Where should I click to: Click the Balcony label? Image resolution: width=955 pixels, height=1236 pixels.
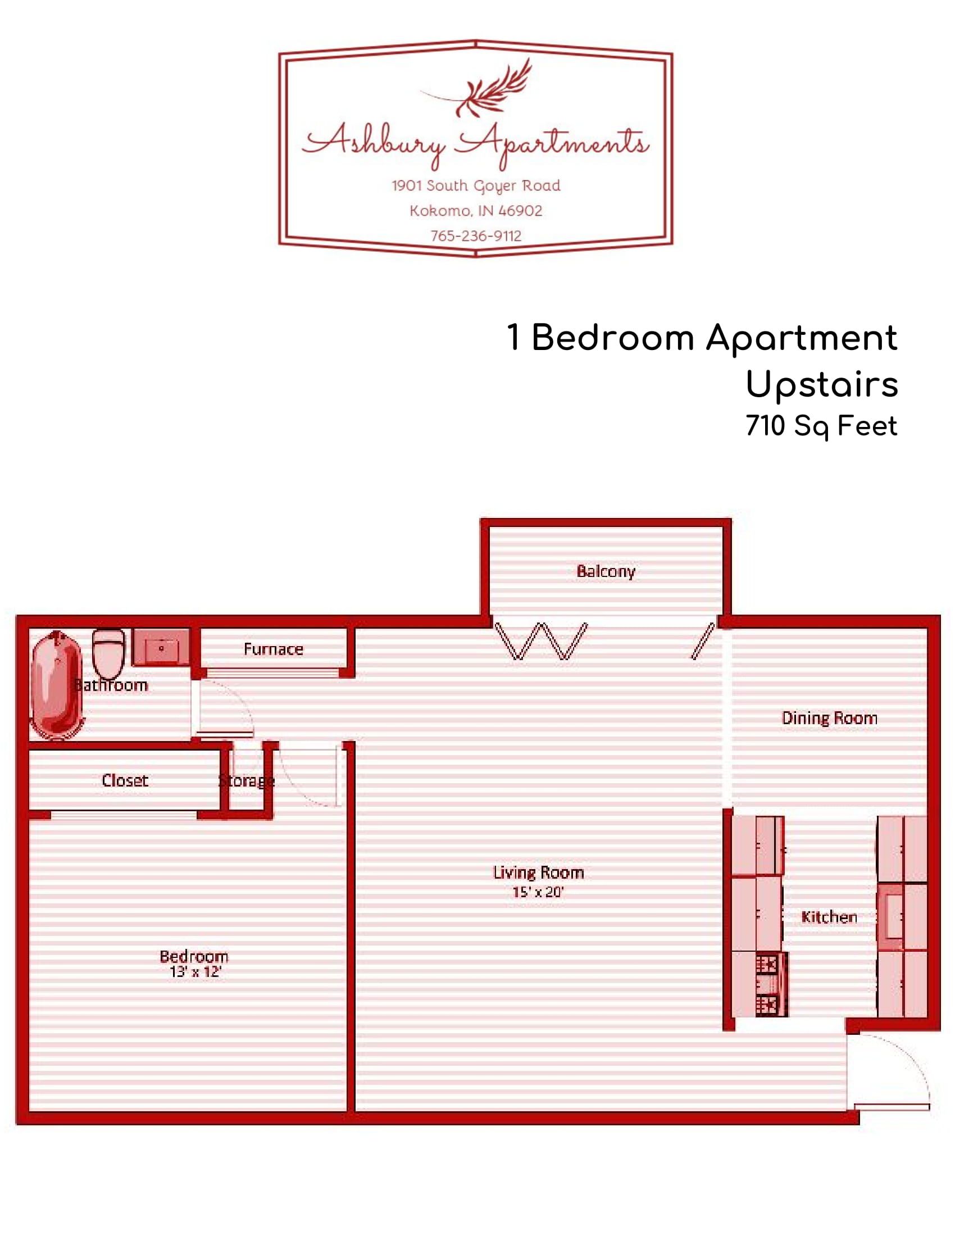[x=606, y=571]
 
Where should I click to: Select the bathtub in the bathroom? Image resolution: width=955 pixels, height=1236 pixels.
[x=57, y=686]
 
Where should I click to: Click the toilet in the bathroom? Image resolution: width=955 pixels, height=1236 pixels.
[x=108, y=653]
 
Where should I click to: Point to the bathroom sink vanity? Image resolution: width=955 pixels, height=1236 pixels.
[x=161, y=647]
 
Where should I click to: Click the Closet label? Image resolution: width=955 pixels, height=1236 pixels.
[x=125, y=780]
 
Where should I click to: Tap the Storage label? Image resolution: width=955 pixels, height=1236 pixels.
[x=246, y=781]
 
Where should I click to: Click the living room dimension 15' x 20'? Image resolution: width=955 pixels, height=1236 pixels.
[x=538, y=893]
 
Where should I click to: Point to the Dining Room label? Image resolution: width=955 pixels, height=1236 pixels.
[x=829, y=718]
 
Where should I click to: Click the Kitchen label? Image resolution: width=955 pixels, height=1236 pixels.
[x=829, y=917]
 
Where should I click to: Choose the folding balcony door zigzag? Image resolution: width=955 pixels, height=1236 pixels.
[x=540, y=641]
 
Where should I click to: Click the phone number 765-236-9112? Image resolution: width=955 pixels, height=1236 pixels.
[x=476, y=236]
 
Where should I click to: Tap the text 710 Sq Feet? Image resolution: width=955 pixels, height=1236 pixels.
[x=821, y=426]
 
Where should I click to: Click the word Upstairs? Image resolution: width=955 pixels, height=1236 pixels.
[x=821, y=385]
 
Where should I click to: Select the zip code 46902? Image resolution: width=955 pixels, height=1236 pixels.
[x=521, y=211]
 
